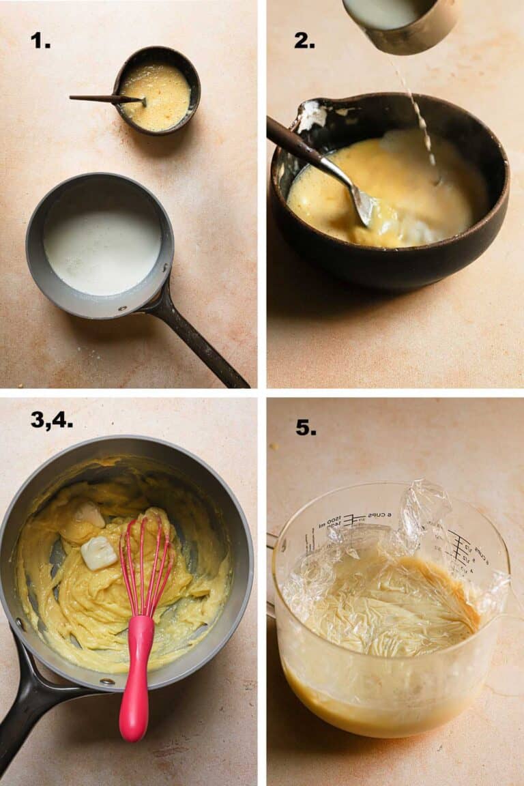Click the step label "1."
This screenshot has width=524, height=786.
tap(40, 40)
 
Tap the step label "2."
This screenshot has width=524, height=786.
tap(304, 40)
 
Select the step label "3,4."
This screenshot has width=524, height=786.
tap(51, 420)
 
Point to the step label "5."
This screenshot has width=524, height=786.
tap(306, 427)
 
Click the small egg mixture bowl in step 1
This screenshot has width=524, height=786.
tap(157, 91)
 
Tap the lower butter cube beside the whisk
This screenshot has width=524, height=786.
tap(99, 552)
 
